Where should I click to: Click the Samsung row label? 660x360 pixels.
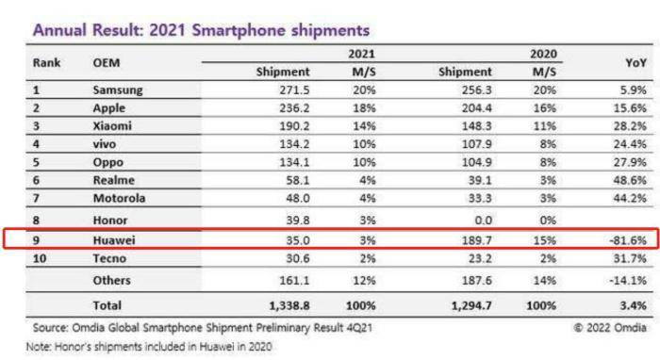pyautogui.click(x=118, y=90)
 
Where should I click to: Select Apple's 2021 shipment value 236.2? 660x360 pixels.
pyautogui.click(x=294, y=108)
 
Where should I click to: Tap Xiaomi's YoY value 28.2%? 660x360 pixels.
pyautogui.click(x=630, y=126)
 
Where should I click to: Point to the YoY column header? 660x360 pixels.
pyautogui.click(x=635, y=62)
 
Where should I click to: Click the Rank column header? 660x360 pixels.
pyautogui.click(x=47, y=62)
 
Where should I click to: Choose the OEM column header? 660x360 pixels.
pyautogui.click(x=107, y=62)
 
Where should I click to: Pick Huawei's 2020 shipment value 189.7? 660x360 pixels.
pyautogui.click(x=476, y=240)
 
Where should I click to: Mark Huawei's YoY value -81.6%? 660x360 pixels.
pyautogui.click(x=628, y=240)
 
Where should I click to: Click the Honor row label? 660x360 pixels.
pyautogui.click(x=110, y=220)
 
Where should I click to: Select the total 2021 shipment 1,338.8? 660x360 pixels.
pyautogui.click(x=289, y=305)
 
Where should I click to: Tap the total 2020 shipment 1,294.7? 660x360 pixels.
pyautogui.click(x=471, y=305)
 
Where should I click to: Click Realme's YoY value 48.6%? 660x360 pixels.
pyautogui.click(x=630, y=180)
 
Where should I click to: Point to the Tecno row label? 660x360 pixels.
pyautogui.click(x=109, y=258)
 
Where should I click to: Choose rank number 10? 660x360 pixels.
pyautogui.click(x=40, y=258)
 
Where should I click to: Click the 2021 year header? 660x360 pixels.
pyautogui.click(x=361, y=54)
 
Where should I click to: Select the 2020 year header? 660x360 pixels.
pyautogui.click(x=543, y=54)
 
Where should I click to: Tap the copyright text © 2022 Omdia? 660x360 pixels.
pyautogui.click(x=610, y=327)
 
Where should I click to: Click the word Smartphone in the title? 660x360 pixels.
pyautogui.click(x=238, y=30)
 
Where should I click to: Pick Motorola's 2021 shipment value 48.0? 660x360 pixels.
pyautogui.click(x=298, y=198)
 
